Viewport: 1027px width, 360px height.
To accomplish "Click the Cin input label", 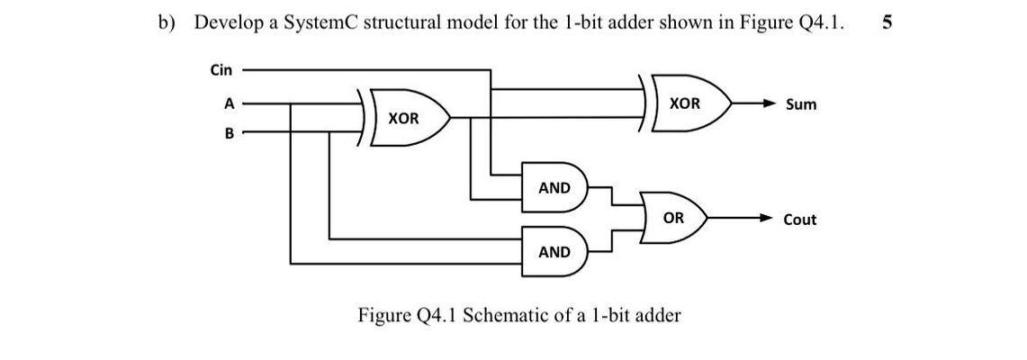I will (221, 69).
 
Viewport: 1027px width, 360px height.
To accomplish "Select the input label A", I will (229, 103).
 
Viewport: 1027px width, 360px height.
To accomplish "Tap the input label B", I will (229, 133).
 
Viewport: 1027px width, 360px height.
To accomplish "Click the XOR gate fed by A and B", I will (405, 118).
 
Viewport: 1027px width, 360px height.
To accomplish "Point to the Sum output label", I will (801, 104).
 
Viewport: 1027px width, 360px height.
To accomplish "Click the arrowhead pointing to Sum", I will (767, 104).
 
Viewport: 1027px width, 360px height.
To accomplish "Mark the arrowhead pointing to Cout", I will (767, 219).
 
